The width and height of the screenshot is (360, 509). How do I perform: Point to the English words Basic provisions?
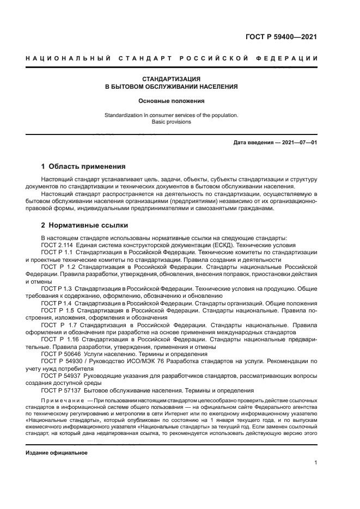(x=172, y=122)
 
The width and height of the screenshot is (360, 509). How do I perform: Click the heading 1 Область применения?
(x=83, y=166)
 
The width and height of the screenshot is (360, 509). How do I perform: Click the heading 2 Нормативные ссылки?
(x=85, y=225)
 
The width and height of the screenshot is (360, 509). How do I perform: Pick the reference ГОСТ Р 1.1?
(x=57, y=253)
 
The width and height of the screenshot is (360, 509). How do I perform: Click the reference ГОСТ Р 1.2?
(x=57, y=267)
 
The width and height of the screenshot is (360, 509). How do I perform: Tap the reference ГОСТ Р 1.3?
(x=57, y=287)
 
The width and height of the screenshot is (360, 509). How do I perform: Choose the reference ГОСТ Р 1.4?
(x=57, y=303)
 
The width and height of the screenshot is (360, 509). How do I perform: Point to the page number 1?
(x=315, y=463)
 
